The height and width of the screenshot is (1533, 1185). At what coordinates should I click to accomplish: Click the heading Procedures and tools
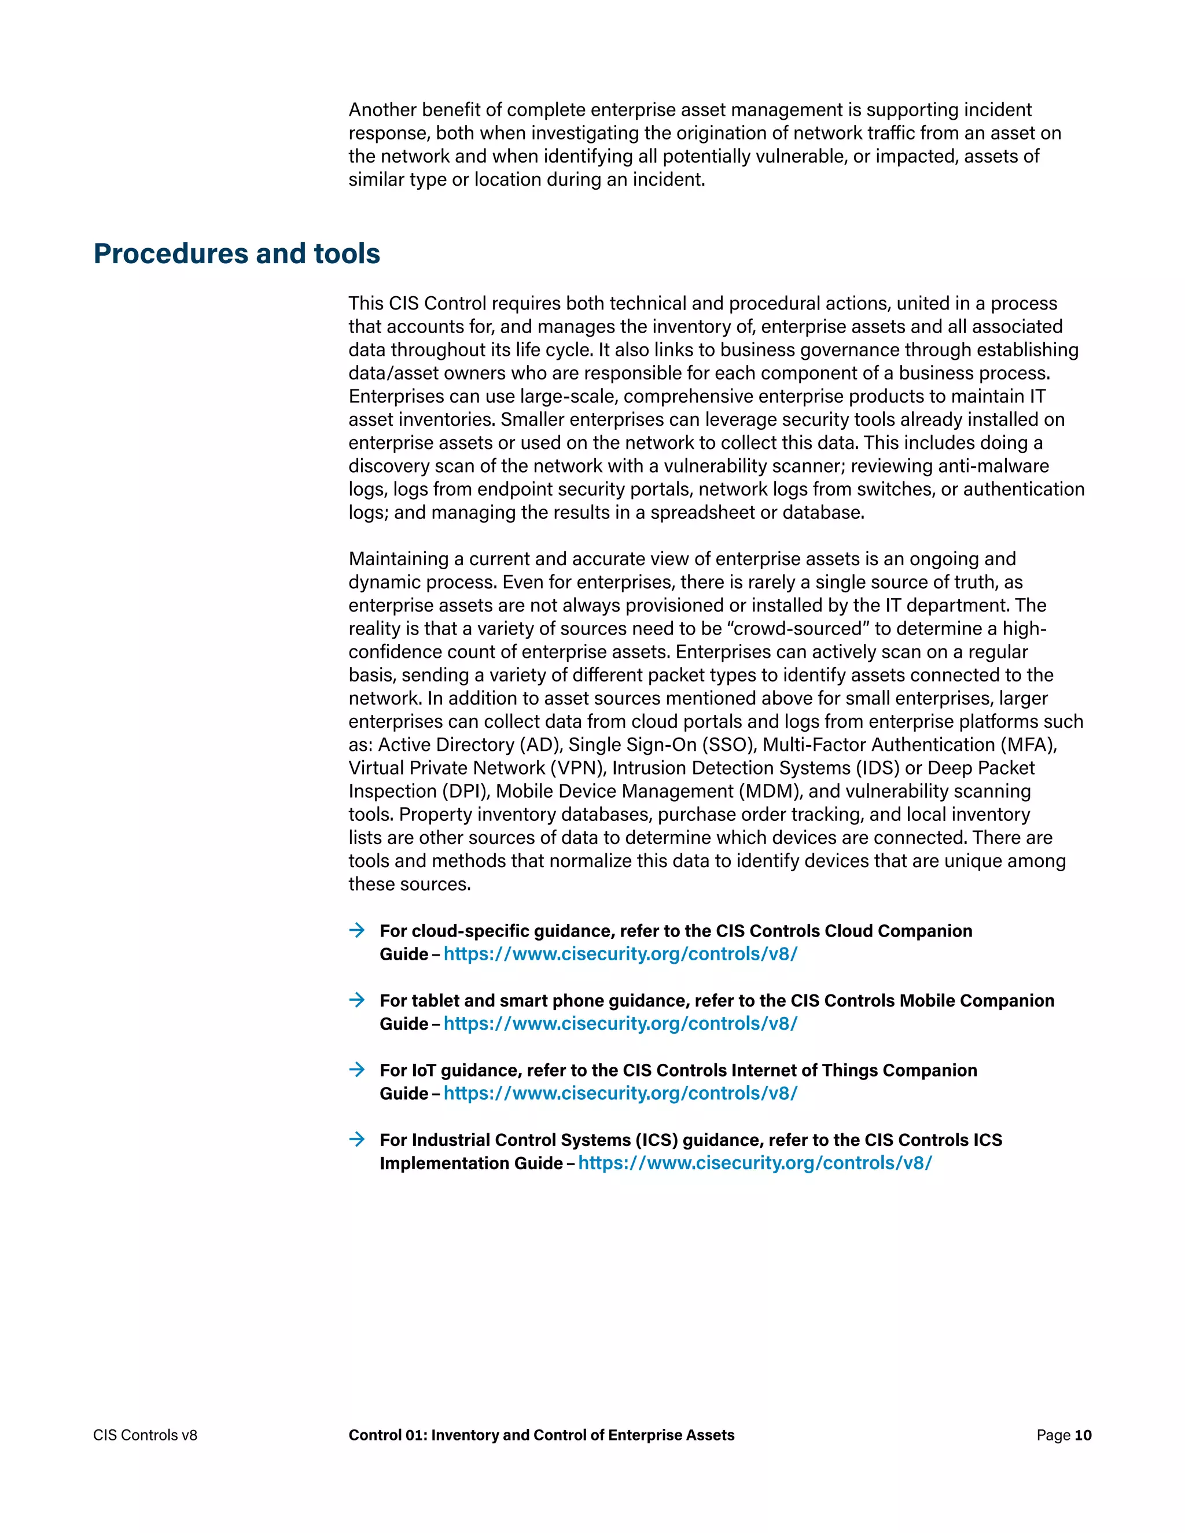(x=237, y=253)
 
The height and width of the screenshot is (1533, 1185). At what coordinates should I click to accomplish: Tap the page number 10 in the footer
(x=1083, y=1435)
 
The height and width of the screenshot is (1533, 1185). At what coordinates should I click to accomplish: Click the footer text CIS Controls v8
(x=145, y=1435)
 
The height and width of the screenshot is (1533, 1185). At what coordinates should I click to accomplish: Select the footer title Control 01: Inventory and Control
(x=541, y=1435)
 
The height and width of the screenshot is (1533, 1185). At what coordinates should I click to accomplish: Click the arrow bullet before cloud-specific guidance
(x=358, y=930)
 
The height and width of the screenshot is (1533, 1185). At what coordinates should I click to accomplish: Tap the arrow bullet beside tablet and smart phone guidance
(x=358, y=1000)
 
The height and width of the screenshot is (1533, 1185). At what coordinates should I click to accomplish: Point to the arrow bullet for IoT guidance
(x=358, y=1069)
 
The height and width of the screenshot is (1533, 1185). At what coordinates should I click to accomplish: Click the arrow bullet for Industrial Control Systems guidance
(x=358, y=1138)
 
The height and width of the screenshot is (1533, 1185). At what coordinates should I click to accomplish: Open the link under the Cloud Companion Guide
(x=621, y=954)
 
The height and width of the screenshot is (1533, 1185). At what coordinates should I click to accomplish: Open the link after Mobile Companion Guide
(x=621, y=1023)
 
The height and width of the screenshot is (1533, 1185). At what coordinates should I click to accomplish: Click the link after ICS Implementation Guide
(x=755, y=1163)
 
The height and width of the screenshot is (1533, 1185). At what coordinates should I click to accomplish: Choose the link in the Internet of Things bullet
(x=621, y=1093)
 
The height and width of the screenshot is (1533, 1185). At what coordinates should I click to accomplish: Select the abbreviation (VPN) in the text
(x=578, y=768)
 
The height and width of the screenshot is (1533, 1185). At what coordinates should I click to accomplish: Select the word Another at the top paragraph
(x=382, y=109)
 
